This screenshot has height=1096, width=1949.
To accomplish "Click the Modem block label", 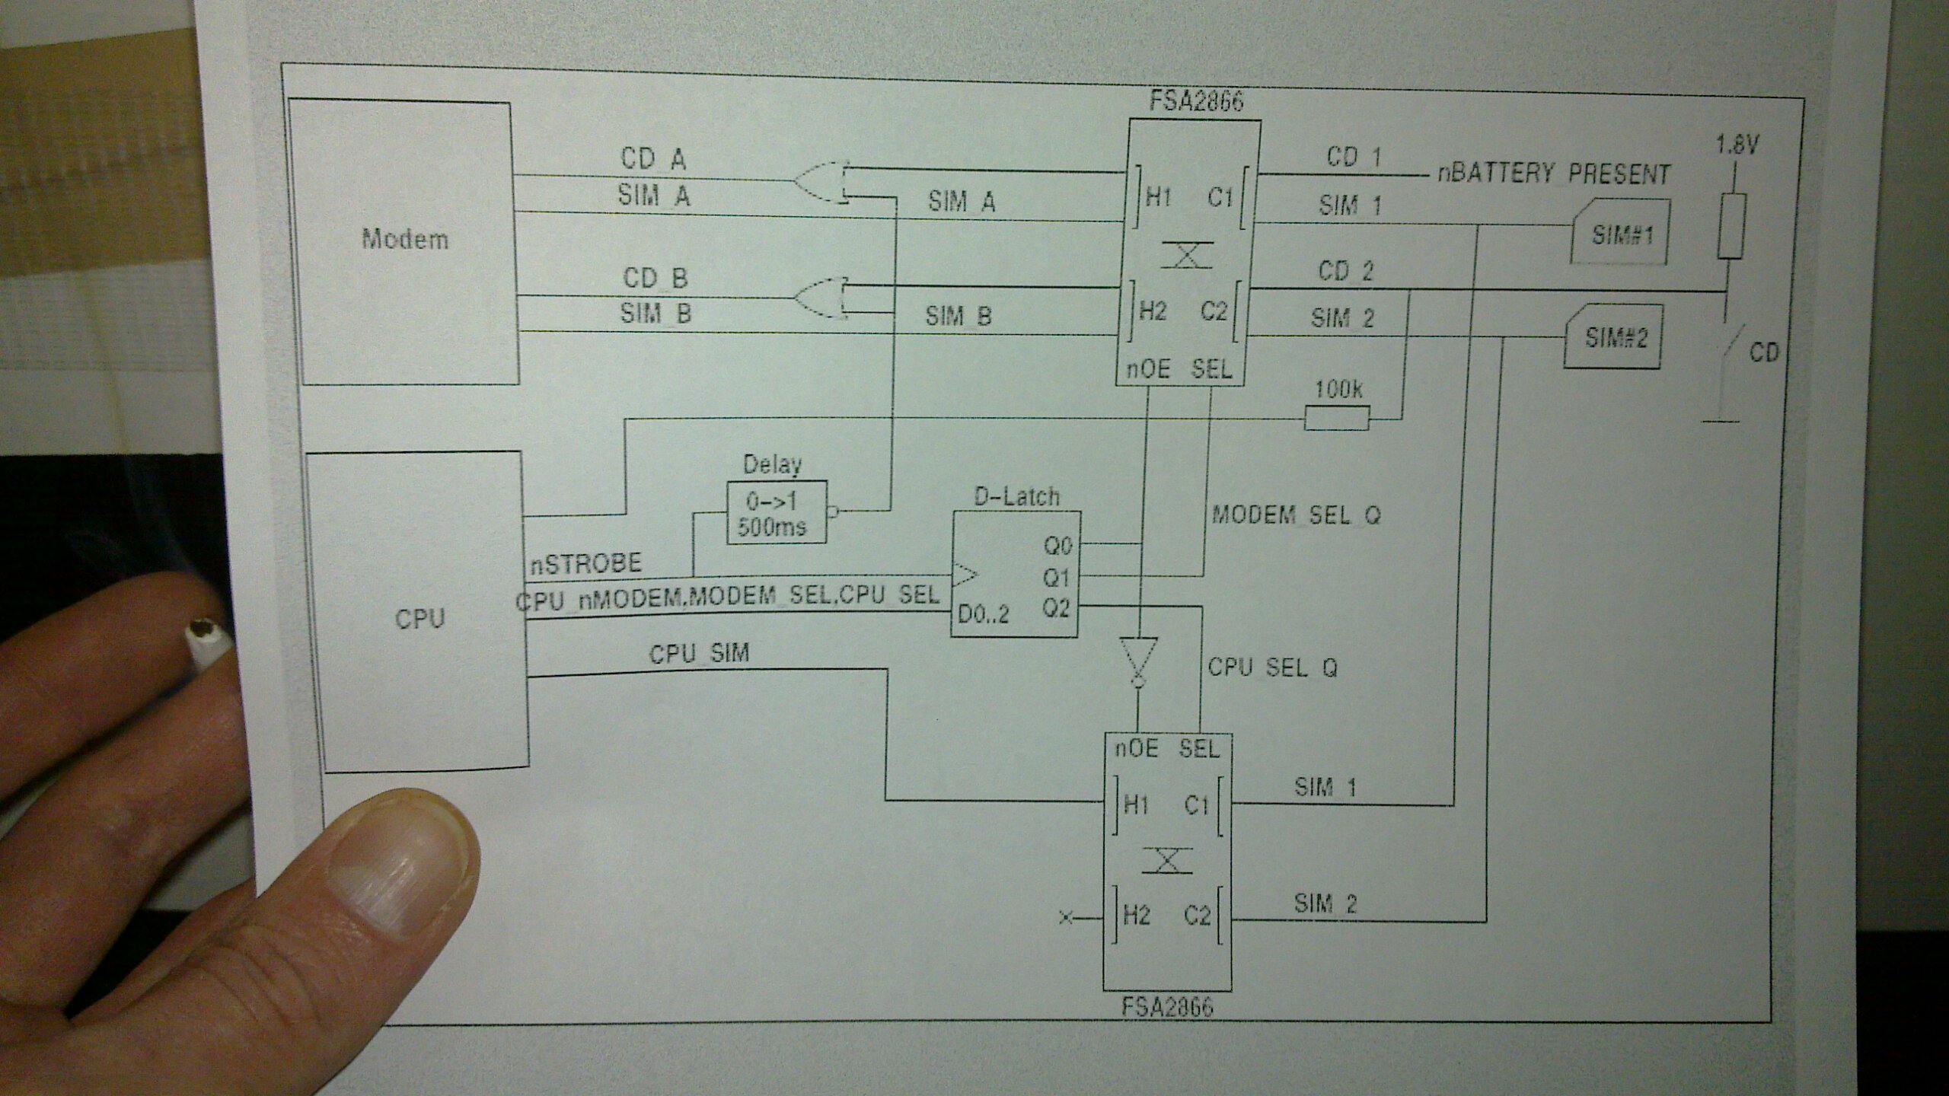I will pos(404,240).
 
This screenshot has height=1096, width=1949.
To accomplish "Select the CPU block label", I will pos(419,618).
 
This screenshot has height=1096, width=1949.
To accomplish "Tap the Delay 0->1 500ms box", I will pos(776,512).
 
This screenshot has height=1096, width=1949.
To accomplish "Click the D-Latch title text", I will pos(1016,498).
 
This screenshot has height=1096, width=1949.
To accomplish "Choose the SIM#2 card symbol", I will pos(1612,336).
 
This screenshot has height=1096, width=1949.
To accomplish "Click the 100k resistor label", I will pos(1338,390).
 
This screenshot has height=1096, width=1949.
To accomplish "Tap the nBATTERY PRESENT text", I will pos(1553,174).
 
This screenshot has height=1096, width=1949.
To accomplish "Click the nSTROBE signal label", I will pos(585,564).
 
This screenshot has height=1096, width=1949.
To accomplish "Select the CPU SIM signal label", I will pos(698,654).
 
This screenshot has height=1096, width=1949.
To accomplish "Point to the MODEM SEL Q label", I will pos(1295,515).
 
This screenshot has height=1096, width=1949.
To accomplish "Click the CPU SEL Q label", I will pos(1272,667).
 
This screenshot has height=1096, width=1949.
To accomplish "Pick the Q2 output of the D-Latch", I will pos(1056,607).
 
